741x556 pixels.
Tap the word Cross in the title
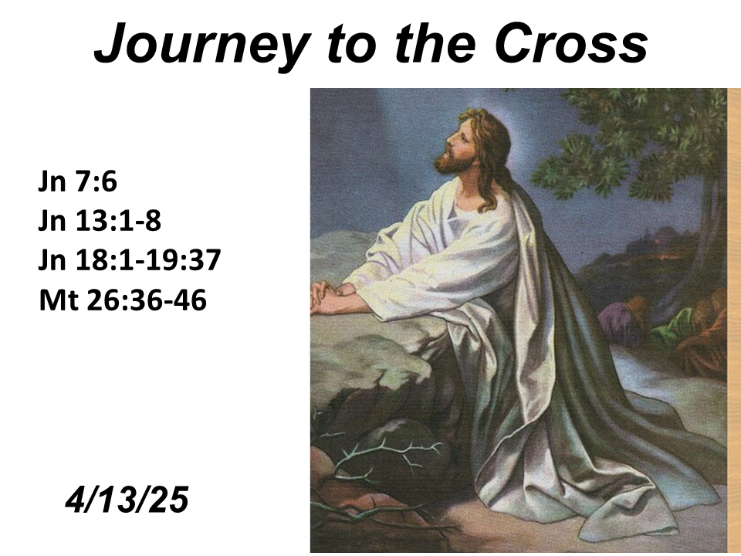571,43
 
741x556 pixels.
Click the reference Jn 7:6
77,181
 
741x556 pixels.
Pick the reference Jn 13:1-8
100,220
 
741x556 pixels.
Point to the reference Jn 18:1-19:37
130,260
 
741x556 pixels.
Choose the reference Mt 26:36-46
123,300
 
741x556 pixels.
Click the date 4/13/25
127,500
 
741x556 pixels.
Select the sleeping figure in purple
619,314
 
